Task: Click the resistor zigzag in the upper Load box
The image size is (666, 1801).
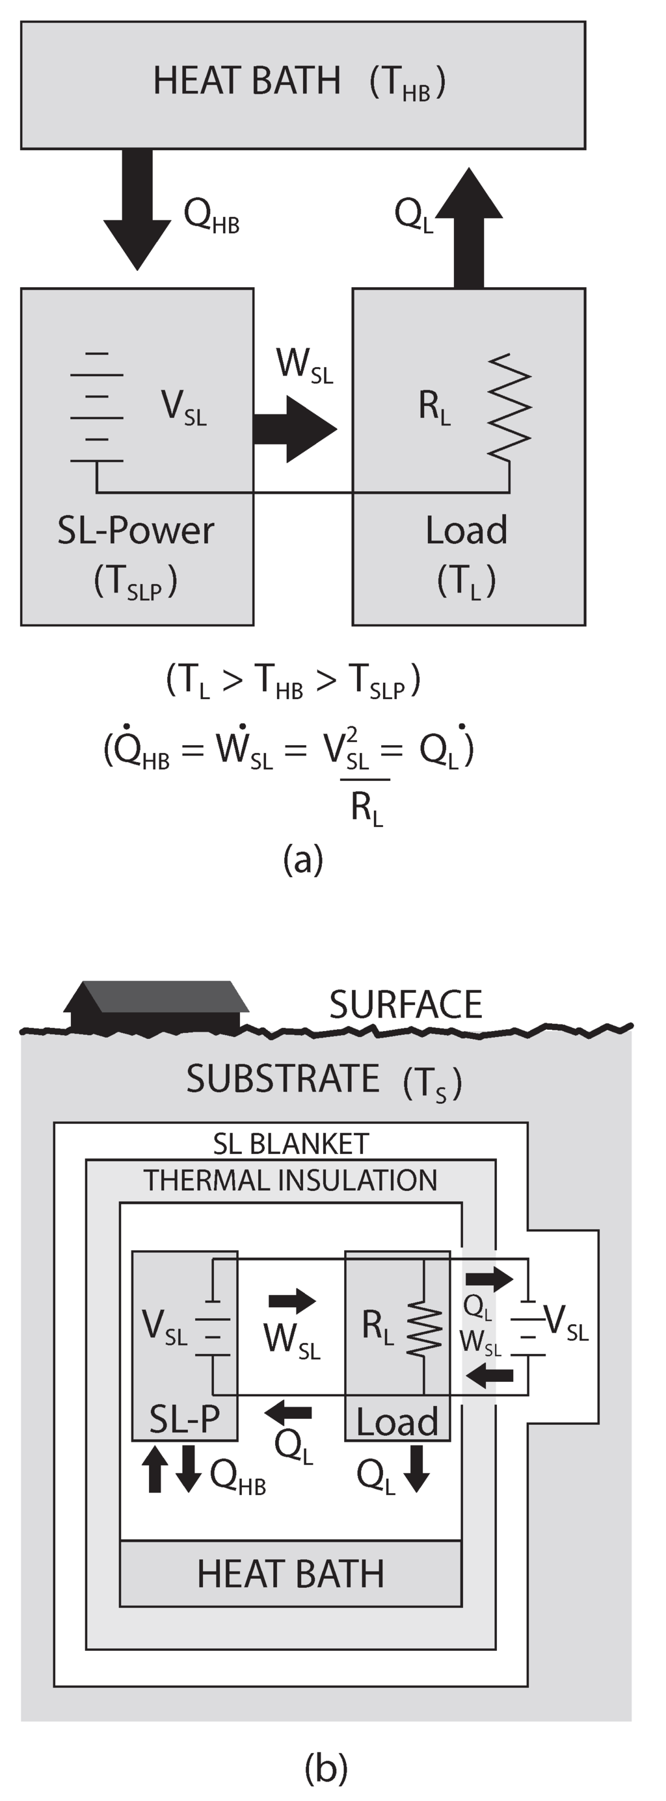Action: (x=509, y=407)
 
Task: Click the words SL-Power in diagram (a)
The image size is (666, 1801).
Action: (x=136, y=531)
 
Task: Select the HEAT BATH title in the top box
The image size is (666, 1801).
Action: (x=247, y=81)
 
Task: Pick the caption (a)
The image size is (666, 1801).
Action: (x=303, y=858)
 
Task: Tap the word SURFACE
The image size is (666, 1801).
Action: (x=406, y=1004)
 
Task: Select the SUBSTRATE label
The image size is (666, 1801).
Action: (x=283, y=1078)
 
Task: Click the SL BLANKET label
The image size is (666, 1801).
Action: (x=291, y=1143)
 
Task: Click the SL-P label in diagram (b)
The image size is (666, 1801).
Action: (x=185, y=1419)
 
